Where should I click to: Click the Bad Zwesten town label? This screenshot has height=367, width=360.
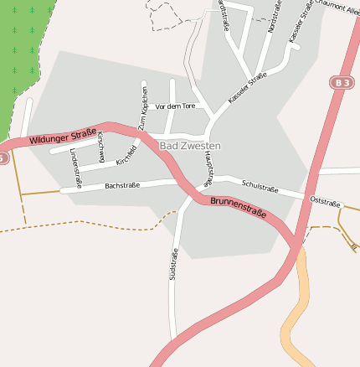pyautogui.click(x=189, y=146)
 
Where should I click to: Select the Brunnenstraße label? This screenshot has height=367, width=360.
pyautogui.click(x=238, y=207)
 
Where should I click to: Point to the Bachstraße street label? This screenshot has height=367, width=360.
pyautogui.click(x=122, y=184)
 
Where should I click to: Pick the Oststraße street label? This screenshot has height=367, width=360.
pyautogui.click(x=325, y=202)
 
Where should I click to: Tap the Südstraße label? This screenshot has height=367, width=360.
pyautogui.click(x=174, y=265)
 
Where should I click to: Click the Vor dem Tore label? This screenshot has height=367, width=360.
pyautogui.click(x=175, y=106)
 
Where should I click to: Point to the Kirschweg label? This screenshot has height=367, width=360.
pyautogui.click(x=100, y=147)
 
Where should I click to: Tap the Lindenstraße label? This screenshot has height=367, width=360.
pyautogui.click(x=75, y=168)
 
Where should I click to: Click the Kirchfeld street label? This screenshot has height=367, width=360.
pyautogui.click(x=126, y=154)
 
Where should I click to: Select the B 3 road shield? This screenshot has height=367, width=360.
pyautogui.click(x=340, y=82)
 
